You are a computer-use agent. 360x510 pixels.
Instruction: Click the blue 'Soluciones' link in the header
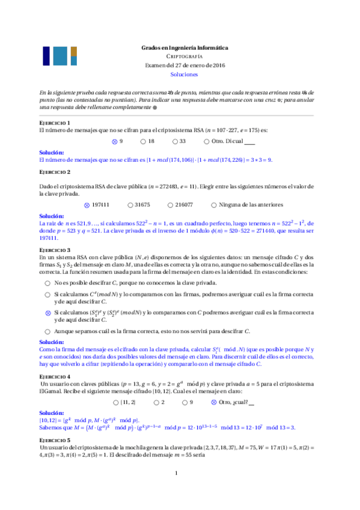pyautogui.click(x=184, y=75)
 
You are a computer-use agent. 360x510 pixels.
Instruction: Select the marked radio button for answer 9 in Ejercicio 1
pyautogui.click(x=114, y=141)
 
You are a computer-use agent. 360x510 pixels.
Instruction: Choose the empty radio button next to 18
pyautogui.click(x=143, y=141)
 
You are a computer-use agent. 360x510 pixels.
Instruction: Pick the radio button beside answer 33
pyautogui.click(x=175, y=141)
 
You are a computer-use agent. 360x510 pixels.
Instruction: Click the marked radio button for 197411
pyautogui.click(x=87, y=204)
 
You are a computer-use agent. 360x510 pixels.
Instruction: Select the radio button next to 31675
pyautogui.click(x=129, y=204)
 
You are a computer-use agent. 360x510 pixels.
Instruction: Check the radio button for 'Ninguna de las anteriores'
pyautogui.click(x=215, y=204)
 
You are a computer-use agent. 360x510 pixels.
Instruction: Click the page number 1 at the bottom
pyautogui.click(x=176, y=491)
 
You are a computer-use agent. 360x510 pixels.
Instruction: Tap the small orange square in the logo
pyautogui.click(x=74, y=51)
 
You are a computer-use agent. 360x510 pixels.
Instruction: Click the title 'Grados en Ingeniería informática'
pyautogui.click(x=184, y=47)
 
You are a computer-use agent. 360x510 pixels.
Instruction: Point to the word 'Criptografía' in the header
pyautogui.click(x=184, y=56)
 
